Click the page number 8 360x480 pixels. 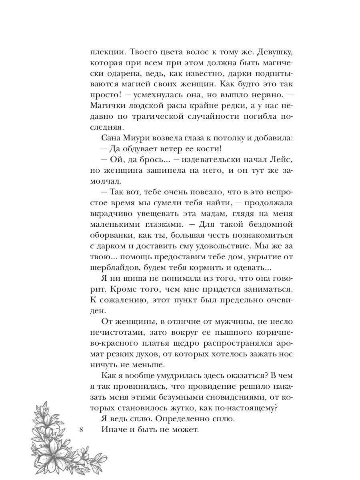coord(81,430)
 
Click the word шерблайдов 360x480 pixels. coord(114,265)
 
